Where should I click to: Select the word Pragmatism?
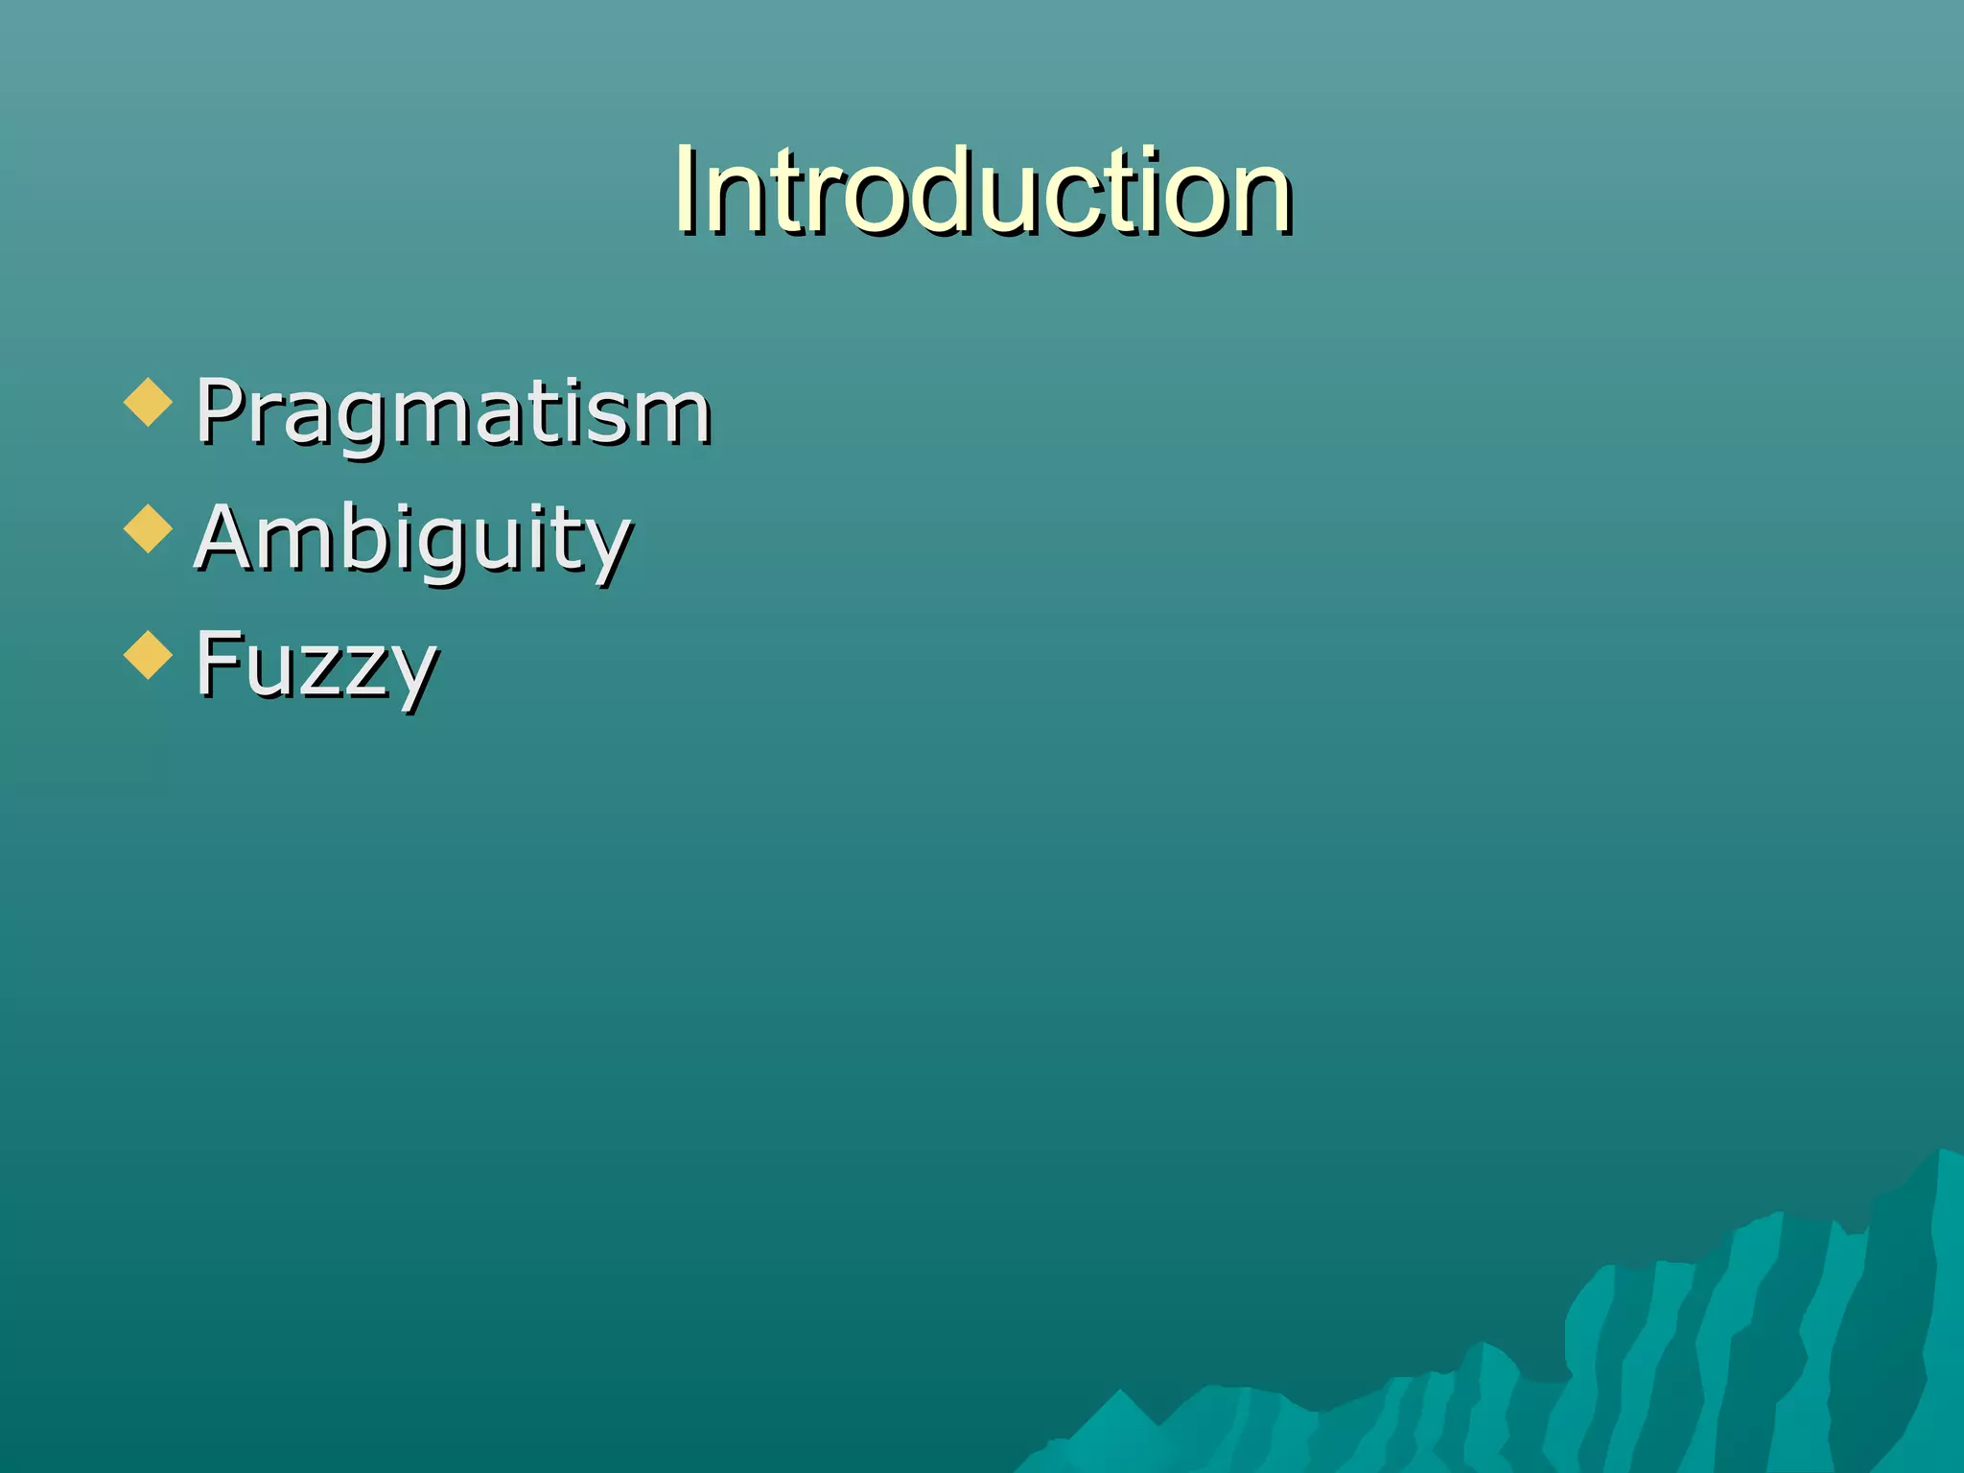point(453,412)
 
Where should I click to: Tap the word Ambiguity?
point(412,539)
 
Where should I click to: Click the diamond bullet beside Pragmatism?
point(149,402)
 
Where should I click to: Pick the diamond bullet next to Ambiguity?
point(149,528)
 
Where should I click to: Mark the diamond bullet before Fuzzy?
point(149,655)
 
